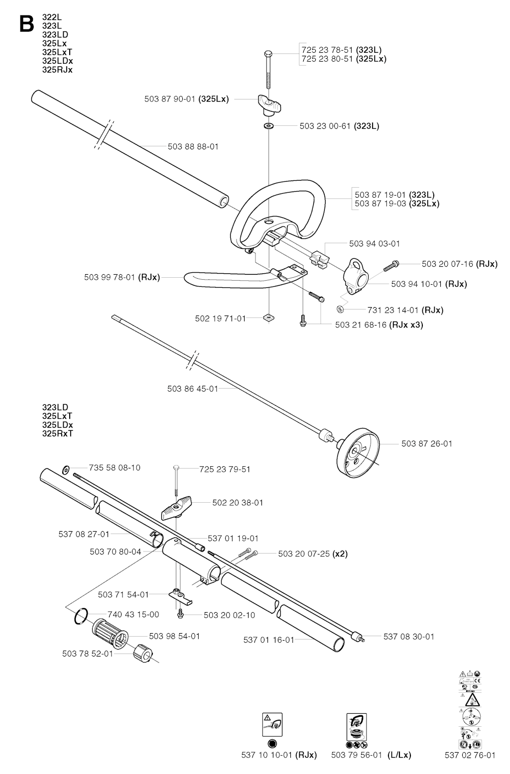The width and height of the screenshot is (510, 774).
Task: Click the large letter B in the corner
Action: click(26, 23)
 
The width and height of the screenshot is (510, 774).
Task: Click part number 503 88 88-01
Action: click(193, 147)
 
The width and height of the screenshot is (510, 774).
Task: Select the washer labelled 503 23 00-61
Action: click(269, 126)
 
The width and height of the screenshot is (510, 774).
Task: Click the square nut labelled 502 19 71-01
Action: click(269, 318)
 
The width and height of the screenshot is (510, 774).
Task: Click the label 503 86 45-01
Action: click(192, 389)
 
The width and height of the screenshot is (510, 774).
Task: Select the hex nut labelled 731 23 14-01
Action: click(340, 310)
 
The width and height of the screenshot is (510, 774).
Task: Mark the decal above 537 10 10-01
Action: click(272, 724)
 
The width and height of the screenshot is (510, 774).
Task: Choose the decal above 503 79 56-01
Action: click(356, 727)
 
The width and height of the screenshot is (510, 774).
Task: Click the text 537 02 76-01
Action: click(470, 755)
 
